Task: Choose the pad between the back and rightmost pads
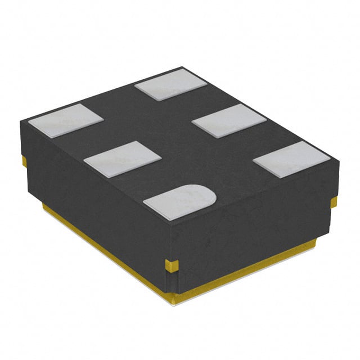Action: pyautogui.click(x=228, y=119)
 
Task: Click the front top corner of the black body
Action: pyautogui.click(x=167, y=228)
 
